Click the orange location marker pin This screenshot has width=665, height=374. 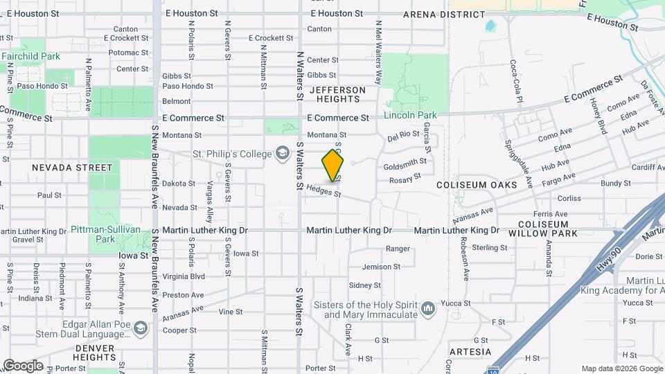[x=333, y=166]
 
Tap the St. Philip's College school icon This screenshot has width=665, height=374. [x=282, y=152]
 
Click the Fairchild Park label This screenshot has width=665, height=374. [x=30, y=56]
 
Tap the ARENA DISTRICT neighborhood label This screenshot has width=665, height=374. [x=444, y=14]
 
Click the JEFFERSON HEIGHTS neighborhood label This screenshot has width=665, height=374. [x=337, y=95]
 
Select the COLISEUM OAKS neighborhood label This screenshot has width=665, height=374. [x=477, y=185]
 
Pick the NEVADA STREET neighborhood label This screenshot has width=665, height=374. [x=72, y=168]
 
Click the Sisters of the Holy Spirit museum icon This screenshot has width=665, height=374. [x=427, y=308]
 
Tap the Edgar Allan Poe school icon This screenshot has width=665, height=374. [x=141, y=328]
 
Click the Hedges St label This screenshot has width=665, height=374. [x=323, y=190]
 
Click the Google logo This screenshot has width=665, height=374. [x=23, y=366]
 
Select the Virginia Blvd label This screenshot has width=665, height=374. [x=184, y=276]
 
